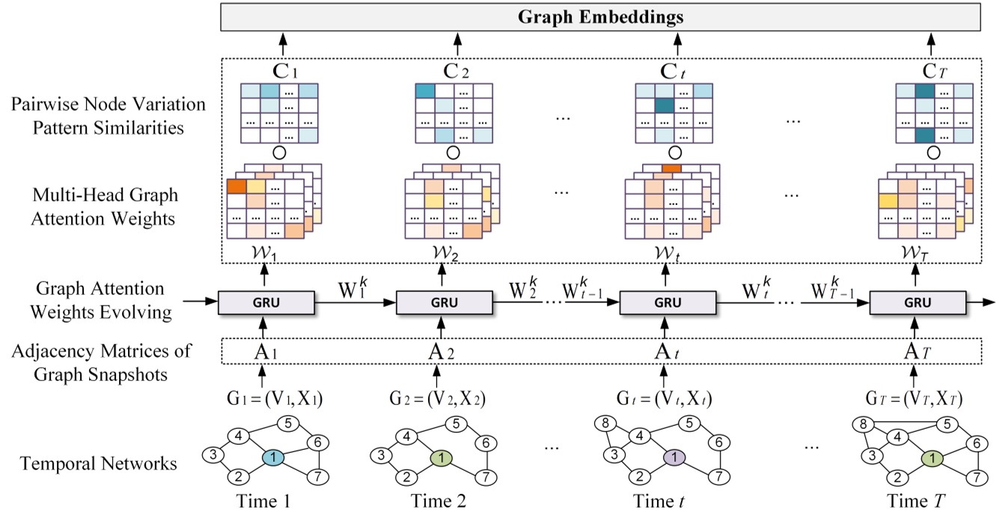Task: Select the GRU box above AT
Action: click(x=917, y=303)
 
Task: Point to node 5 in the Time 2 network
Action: click(x=453, y=424)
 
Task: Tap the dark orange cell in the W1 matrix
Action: click(x=236, y=186)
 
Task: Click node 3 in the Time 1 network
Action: click(x=213, y=455)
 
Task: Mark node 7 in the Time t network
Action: click(x=718, y=475)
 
